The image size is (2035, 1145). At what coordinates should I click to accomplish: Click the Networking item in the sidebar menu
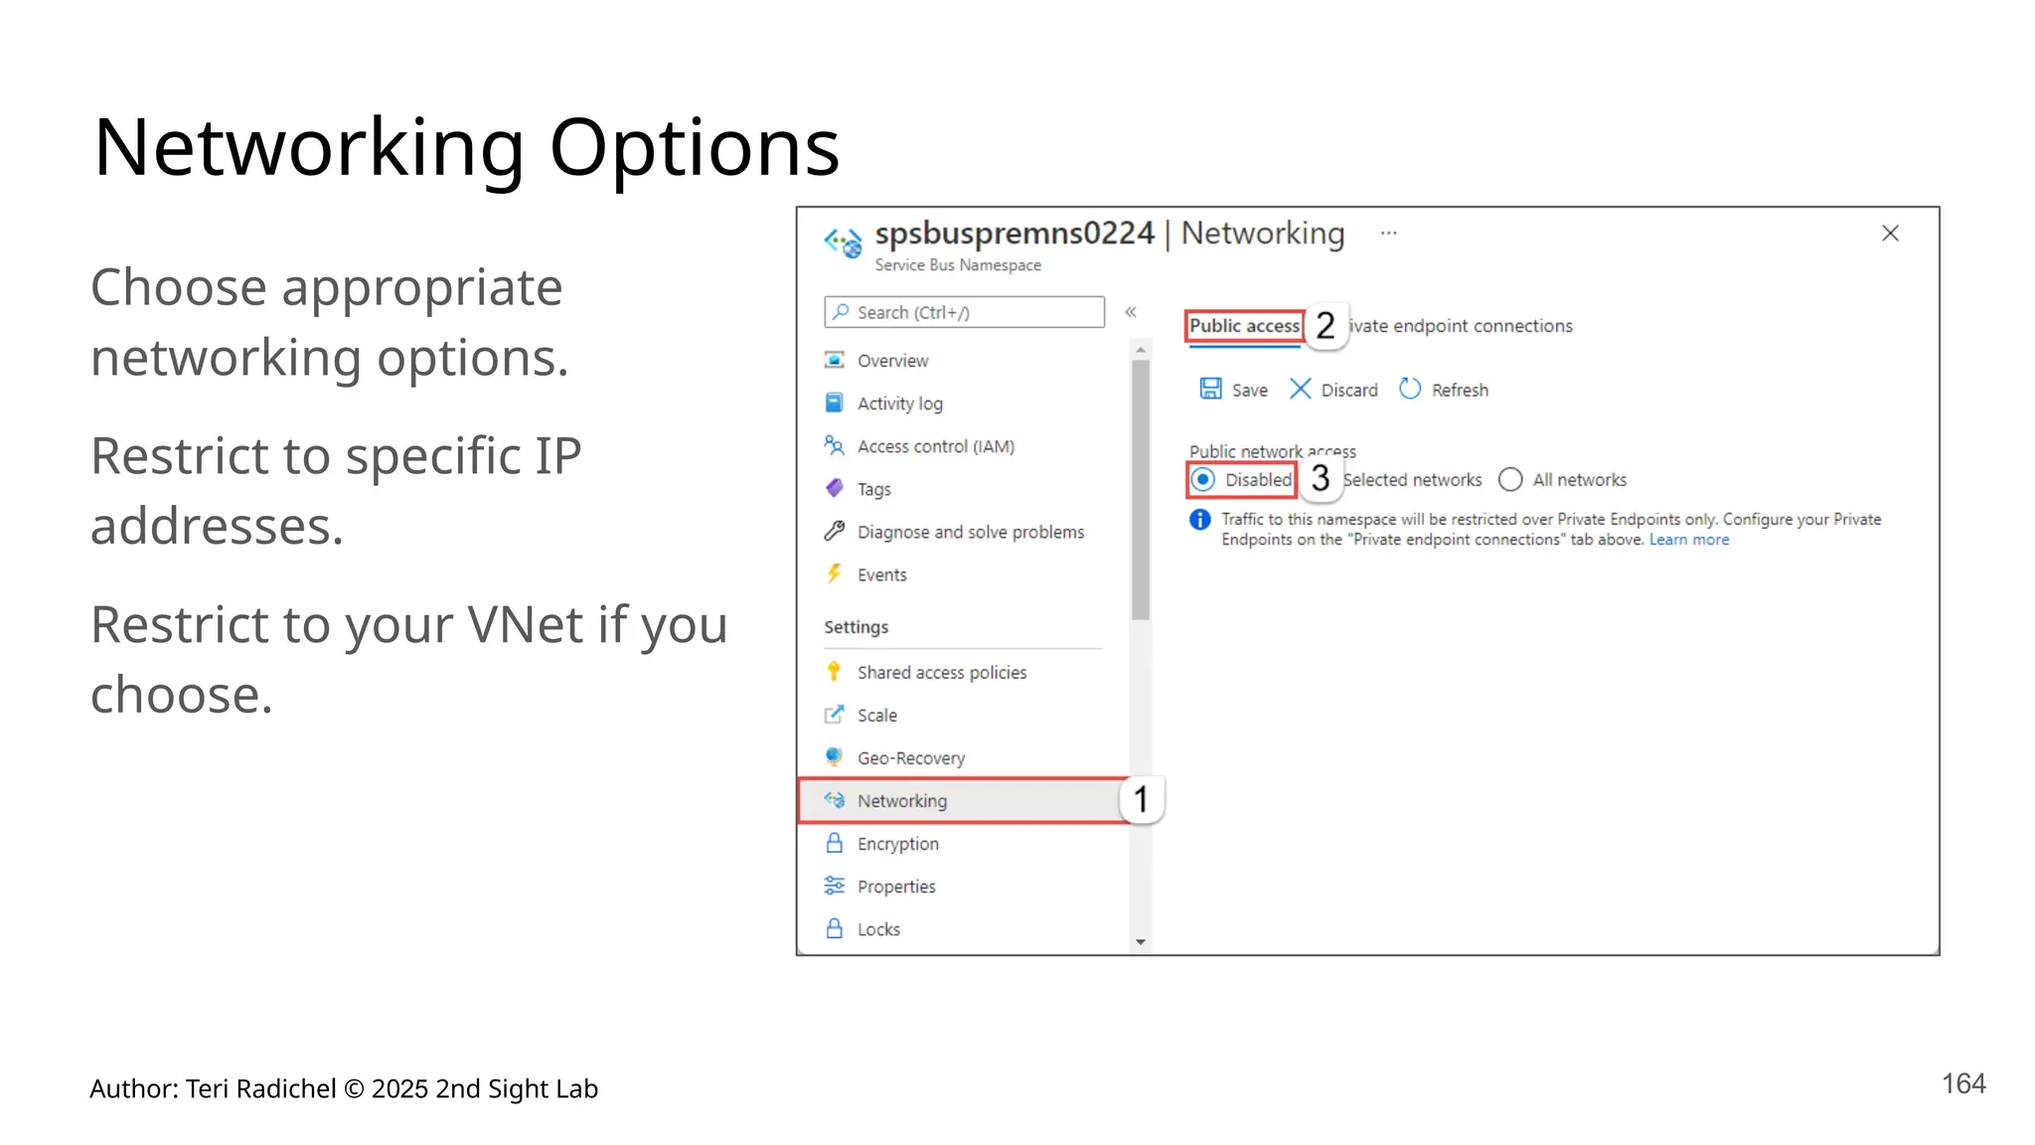pyautogui.click(x=901, y=801)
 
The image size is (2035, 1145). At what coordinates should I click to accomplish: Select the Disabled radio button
pyautogui.click(x=1203, y=480)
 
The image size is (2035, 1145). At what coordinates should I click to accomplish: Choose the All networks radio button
pyautogui.click(x=1510, y=480)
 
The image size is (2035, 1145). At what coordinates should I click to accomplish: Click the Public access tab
pyautogui.click(x=1244, y=326)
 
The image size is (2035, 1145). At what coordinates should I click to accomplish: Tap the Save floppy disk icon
pyautogui.click(x=1210, y=389)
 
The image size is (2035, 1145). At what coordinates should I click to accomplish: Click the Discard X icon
pyautogui.click(x=1300, y=389)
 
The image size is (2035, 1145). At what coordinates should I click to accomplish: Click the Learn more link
pyautogui.click(x=1688, y=540)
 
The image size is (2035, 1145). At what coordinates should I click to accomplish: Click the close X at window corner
pyautogui.click(x=1890, y=234)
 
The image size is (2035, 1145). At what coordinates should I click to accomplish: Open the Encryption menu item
pyautogui.click(x=897, y=844)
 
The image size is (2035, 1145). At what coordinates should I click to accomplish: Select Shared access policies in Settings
pyautogui.click(x=941, y=673)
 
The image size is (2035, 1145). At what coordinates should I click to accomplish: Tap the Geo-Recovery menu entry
pyautogui.click(x=910, y=758)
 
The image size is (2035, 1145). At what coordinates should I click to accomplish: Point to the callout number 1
pyautogui.click(x=1141, y=799)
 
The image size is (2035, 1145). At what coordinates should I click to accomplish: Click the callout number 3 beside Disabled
pyautogui.click(x=1320, y=479)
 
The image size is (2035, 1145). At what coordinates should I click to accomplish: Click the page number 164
pyautogui.click(x=1963, y=1083)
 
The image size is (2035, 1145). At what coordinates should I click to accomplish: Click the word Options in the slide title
pyautogui.click(x=694, y=148)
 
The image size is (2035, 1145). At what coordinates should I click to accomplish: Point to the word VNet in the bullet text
pyautogui.click(x=525, y=625)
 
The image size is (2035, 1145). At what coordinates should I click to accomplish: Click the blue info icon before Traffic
pyautogui.click(x=1200, y=520)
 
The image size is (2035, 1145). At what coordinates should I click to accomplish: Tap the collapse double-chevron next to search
pyautogui.click(x=1131, y=312)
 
